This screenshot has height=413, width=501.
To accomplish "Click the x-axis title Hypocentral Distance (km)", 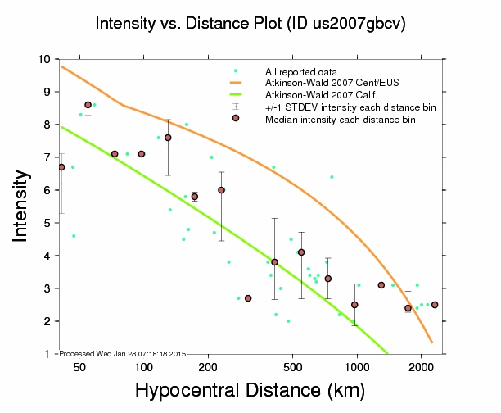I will click(249, 391).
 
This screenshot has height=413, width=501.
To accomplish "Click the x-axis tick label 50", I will click(79, 366).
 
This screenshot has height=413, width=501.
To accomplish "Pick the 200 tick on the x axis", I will click(210, 366).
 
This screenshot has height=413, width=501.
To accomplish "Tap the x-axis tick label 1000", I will click(357, 366).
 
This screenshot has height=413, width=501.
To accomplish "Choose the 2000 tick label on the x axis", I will click(421, 366).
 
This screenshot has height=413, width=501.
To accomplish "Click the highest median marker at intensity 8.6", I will click(88, 105).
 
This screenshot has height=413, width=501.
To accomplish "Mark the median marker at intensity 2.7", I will click(248, 298).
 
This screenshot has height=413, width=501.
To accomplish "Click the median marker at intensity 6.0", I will click(221, 190).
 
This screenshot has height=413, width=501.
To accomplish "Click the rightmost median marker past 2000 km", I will click(435, 305).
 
